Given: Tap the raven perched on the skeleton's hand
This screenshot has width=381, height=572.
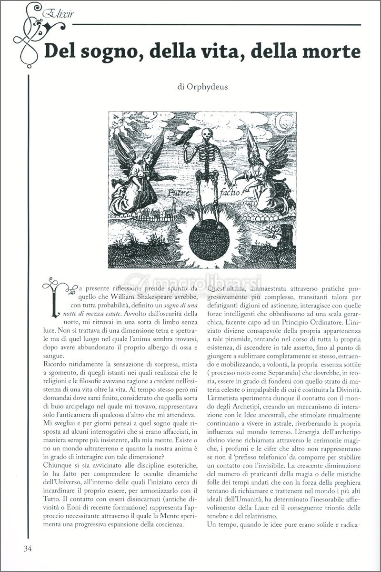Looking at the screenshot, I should point(185,136).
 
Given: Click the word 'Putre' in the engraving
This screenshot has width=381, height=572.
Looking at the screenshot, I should point(178,193).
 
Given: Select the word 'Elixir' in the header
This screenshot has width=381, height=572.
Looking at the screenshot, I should point(53,14).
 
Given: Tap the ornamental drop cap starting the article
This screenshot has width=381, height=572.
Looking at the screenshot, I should point(56,298).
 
